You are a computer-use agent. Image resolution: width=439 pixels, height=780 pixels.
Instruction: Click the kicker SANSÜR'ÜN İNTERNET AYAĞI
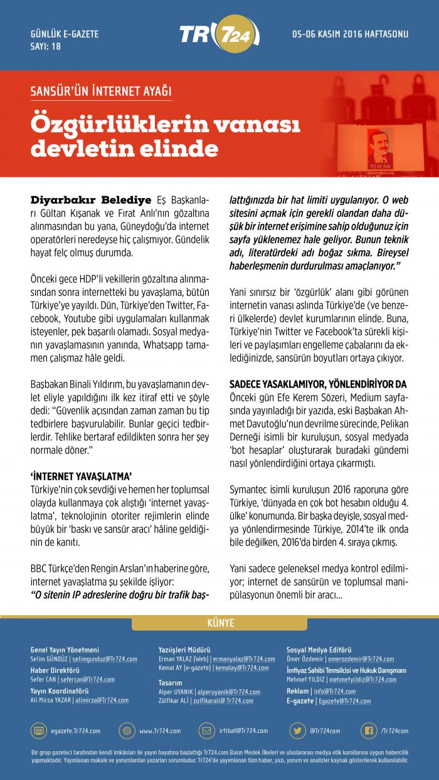[x=101, y=92]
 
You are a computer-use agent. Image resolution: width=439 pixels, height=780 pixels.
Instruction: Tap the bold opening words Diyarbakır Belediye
[x=91, y=200]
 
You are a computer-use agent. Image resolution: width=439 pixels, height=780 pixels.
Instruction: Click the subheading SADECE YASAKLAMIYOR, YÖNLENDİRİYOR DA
[x=318, y=383]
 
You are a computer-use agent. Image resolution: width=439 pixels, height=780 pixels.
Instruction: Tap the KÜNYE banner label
[x=220, y=623]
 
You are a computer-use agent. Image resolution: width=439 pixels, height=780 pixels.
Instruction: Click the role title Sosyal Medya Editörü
[x=319, y=650]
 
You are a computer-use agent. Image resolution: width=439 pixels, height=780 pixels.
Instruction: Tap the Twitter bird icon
[x=297, y=730]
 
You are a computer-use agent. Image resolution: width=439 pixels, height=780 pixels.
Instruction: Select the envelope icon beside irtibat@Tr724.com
[x=207, y=730]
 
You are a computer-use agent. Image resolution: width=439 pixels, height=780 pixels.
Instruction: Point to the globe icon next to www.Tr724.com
[x=127, y=730]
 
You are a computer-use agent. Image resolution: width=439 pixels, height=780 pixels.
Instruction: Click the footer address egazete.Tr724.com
[x=76, y=731]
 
